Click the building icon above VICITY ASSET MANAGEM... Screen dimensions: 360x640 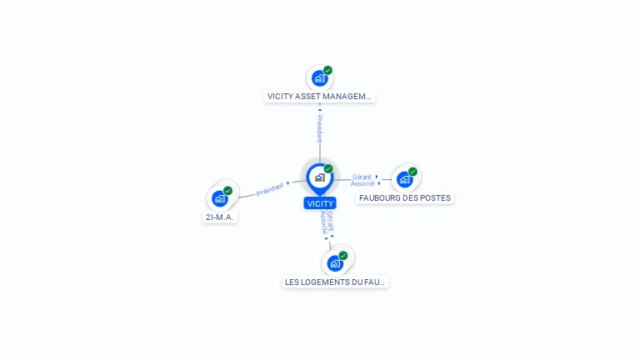(319, 78)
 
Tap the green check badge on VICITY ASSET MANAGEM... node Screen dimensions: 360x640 (328, 71)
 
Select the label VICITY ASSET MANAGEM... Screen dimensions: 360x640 (320, 97)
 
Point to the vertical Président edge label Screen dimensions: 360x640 (319, 128)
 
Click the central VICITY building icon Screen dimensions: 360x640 (319, 177)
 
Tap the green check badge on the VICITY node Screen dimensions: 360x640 (328, 169)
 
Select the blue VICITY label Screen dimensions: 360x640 (320, 203)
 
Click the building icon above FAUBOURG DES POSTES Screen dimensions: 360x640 (404, 179)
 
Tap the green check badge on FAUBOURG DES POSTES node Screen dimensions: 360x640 (412, 172)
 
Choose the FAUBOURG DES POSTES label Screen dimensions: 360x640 (405, 198)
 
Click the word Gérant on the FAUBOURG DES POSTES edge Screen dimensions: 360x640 (362, 177)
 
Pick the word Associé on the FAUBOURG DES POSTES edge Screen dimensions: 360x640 (362, 183)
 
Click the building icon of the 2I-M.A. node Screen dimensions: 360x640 (219, 198)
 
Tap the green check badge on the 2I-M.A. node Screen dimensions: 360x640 (227, 191)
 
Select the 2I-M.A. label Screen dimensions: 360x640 (220, 217)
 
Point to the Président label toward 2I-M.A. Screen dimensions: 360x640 (270, 189)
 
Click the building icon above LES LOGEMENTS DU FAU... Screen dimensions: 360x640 (335, 263)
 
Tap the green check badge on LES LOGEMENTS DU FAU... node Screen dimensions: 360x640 (343, 256)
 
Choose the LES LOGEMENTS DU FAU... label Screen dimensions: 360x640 (336, 282)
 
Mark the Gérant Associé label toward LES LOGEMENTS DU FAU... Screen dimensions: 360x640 (327, 222)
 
